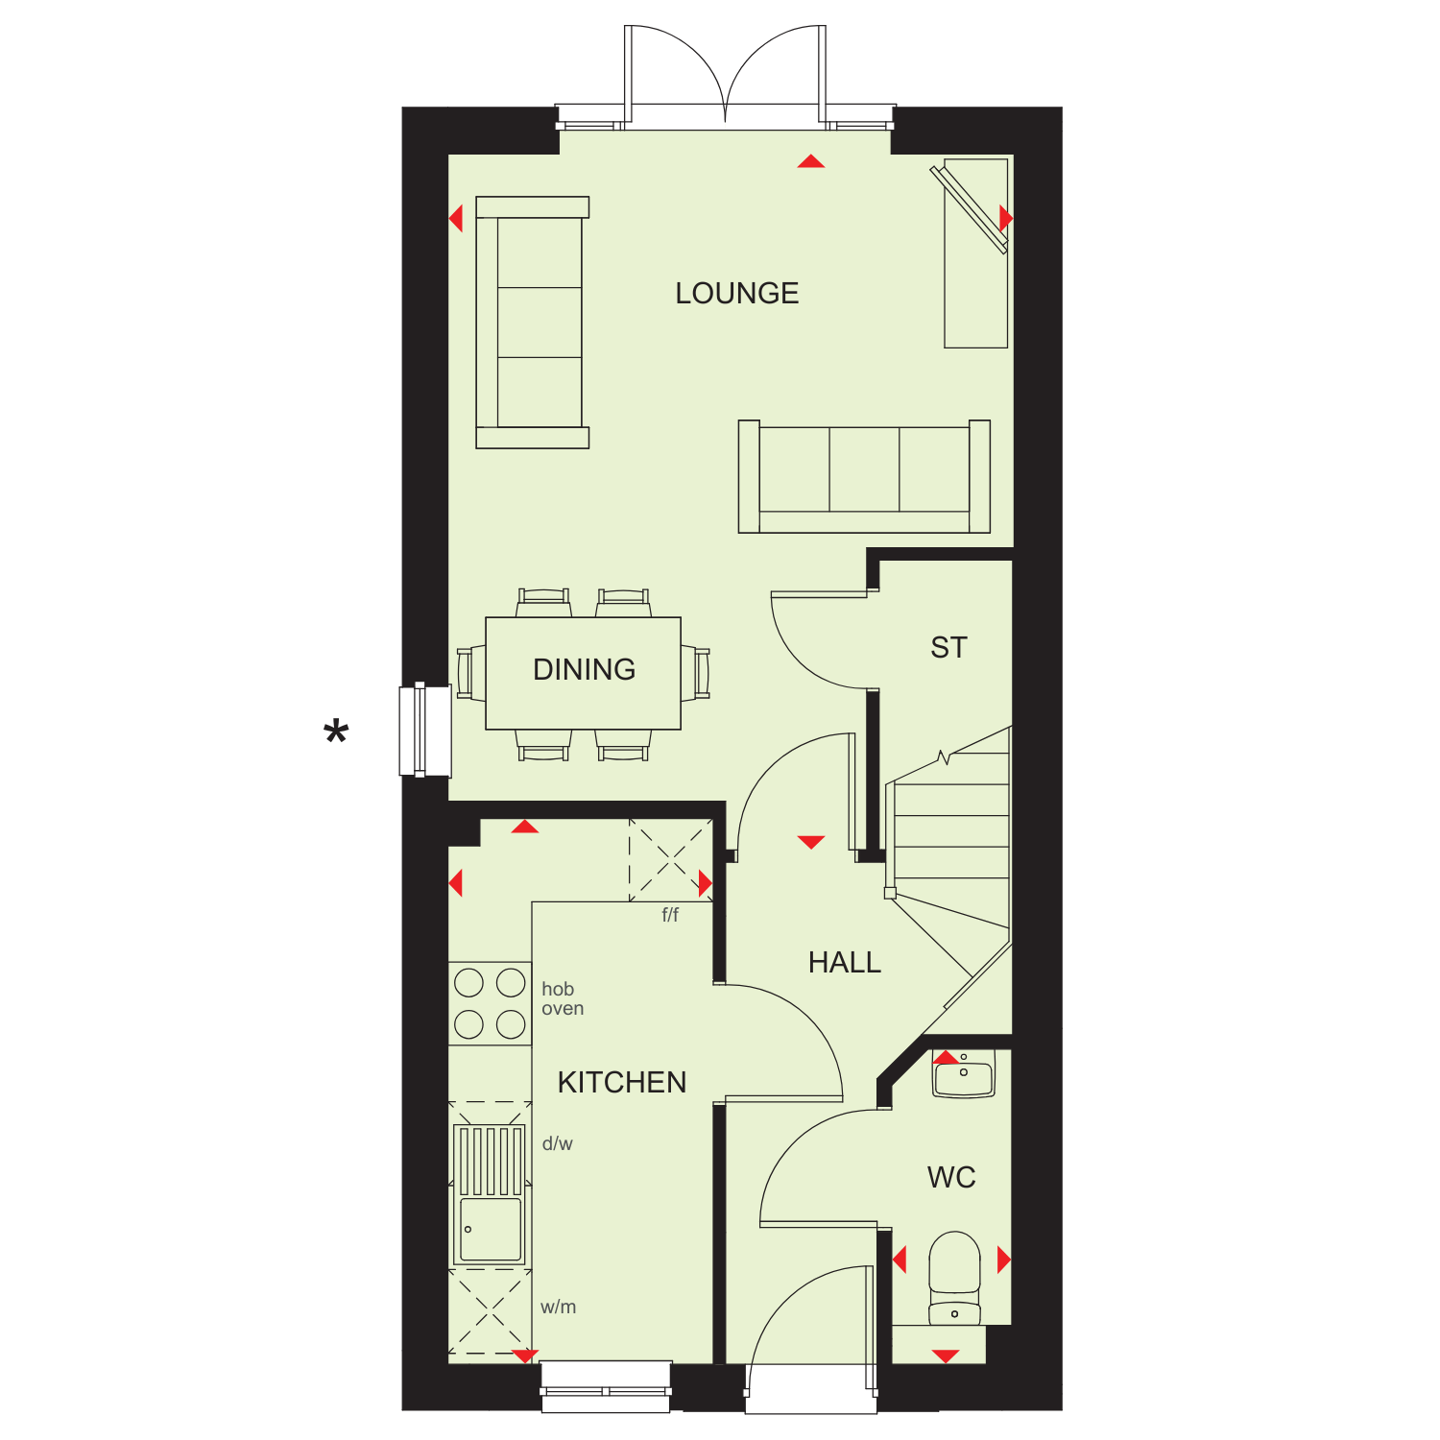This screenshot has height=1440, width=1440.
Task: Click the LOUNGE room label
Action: pyautogui.click(x=737, y=293)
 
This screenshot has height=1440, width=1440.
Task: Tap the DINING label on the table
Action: pyautogui.click(x=584, y=669)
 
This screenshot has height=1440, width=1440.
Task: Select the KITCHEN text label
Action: pyautogui.click(x=622, y=1082)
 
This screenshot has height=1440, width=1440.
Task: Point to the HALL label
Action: pyautogui.click(x=845, y=962)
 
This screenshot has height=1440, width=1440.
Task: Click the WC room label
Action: pyautogui.click(x=951, y=1177)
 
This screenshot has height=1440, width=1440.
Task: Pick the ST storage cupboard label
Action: pyautogui.click(x=948, y=648)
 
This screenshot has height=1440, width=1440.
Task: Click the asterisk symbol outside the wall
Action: pyautogui.click(x=336, y=733)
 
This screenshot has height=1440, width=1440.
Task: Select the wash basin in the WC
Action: pyautogui.click(x=964, y=1074)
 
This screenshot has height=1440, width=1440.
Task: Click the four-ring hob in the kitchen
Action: pyautogui.click(x=490, y=1003)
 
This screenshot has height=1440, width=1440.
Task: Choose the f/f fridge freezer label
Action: pyautogui.click(x=670, y=915)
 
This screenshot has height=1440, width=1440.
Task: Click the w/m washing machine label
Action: pyautogui.click(x=558, y=1307)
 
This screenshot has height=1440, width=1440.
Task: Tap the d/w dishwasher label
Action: pyautogui.click(x=557, y=1143)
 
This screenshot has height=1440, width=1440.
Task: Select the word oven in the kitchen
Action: pyautogui.click(x=563, y=1009)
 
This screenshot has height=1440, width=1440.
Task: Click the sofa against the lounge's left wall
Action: pyautogui.click(x=532, y=323)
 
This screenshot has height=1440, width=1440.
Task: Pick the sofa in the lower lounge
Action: pyautogui.click(x=864, y=476)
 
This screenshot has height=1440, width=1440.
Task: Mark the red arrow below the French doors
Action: pyautogui.click(x=811, y=161)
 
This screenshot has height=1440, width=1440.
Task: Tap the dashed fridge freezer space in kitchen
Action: pyautogui.click(x=670, y=859)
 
